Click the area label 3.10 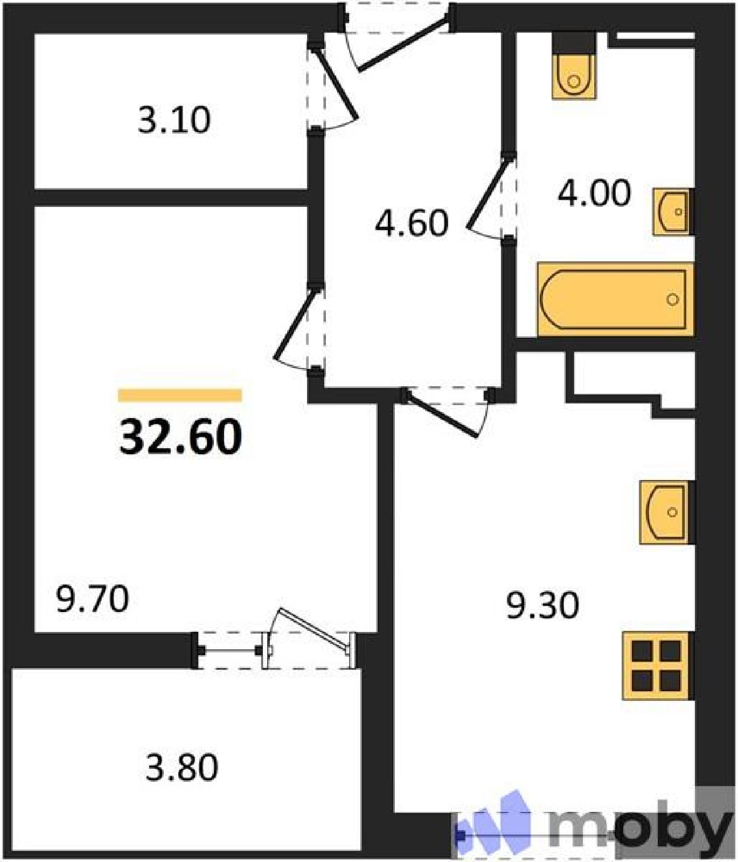click(174, 120)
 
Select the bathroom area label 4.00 click(594, 193)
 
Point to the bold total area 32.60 click(180, 436)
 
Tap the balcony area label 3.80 click(182, 767)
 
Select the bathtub click(615, 299)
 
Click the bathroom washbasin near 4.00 click(673, 212)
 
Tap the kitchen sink click(667, 512)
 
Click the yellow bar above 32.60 click(180, 395)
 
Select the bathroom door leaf click(489, 192)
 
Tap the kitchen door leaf click(441, 414)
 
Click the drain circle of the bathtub click(672, 299)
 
